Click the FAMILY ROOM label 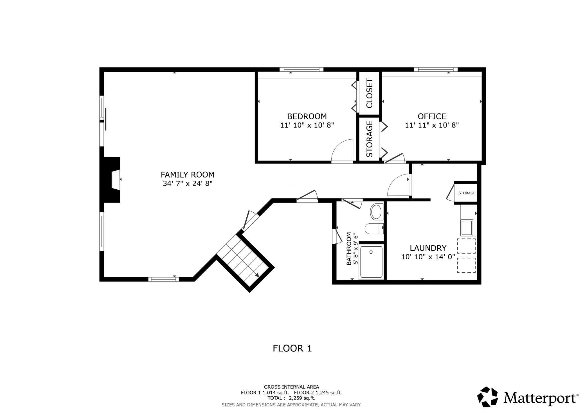pos(188,175)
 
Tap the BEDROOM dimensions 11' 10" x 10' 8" pos(307,125)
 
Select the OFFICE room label pos(432,116)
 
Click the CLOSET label pos(369,93)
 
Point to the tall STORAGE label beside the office pos(369,139)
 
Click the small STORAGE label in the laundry pos(467,193)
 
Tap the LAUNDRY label pos(428,248)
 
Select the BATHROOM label pos(349,249)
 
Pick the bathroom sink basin pos(376,212)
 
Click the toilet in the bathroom pos(374,229)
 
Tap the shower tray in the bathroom pos(371,262)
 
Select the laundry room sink pos(467,228)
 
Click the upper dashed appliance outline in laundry pos(466,246)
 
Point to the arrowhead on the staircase pos(257,275)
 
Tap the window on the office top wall pos(435,70)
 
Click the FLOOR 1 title pos(292,348)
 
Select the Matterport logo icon pos(488,397)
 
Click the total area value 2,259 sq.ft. pos(302,398)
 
